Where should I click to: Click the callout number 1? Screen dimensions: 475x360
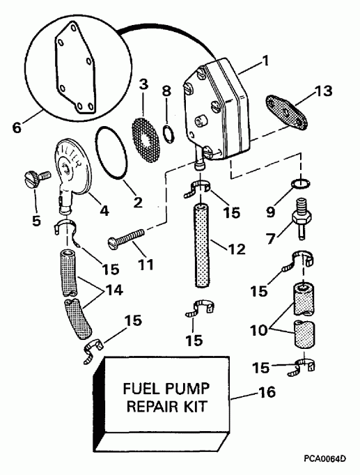tap(264, 61)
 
